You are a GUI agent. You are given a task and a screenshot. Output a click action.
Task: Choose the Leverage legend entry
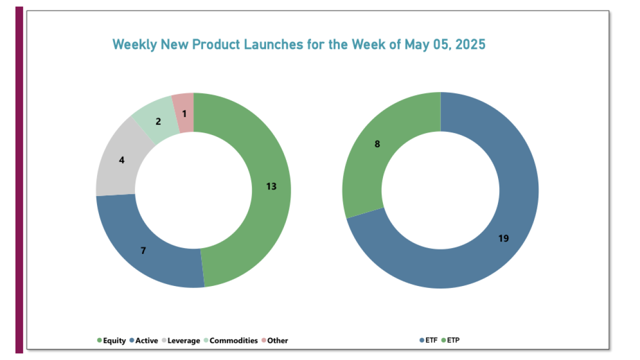pyautogui.click(x=184, y=340)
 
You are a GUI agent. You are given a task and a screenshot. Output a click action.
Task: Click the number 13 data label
pyautogui.click(x=271, y=186)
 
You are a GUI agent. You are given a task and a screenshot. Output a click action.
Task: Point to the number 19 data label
pyautogui.click(x=503, y=238)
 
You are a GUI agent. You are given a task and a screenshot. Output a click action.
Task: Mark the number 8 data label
pyautogui.click(x=377, y=144)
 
